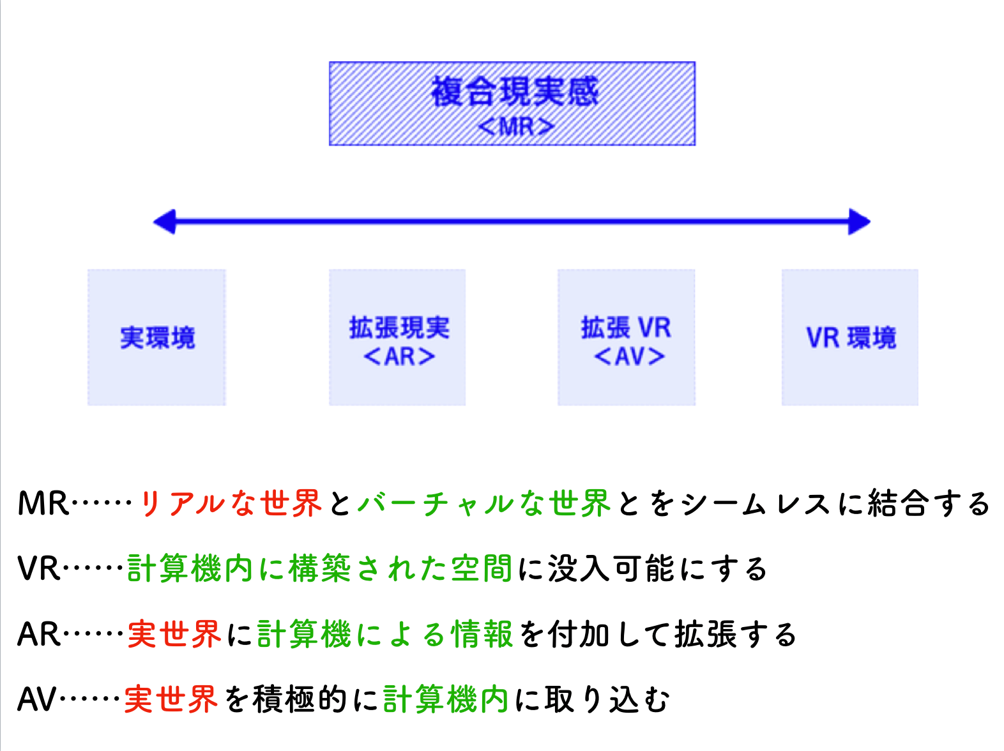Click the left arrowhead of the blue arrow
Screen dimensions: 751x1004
(164, 222)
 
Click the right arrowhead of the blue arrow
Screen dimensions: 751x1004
(859, 222)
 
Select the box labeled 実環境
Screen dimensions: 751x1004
(156, 337)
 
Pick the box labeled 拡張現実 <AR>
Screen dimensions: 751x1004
(397, 337)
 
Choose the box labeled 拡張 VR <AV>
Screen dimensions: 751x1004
(626, 337)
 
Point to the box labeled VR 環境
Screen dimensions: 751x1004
(849, 337)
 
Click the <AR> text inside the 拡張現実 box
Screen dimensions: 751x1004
(399, 356)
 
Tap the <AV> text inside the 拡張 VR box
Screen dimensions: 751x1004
(629, 356)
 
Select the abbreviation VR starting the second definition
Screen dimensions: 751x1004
(39, 568)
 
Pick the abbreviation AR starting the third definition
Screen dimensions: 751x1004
(39, 635)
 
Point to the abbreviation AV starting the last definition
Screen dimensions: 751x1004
(37, 699)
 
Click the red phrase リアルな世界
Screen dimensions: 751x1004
(230, 504)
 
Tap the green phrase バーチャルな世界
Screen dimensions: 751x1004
(484, 504)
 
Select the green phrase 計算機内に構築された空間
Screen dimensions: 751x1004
(319, 568)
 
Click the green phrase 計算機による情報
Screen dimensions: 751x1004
(385, 635)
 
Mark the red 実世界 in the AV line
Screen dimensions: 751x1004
(171, 699)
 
